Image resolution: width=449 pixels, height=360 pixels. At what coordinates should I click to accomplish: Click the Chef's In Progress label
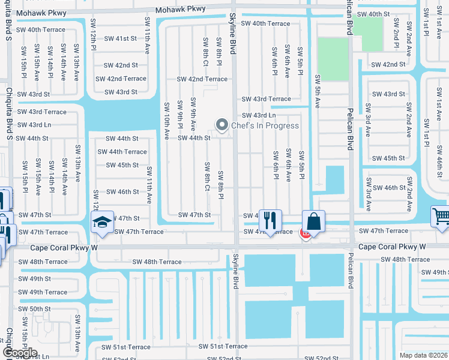click(x=265, y=125)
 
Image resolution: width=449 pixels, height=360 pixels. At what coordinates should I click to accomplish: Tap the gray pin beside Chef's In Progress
click(x=222, y=125)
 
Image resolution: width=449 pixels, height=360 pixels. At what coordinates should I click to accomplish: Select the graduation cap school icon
click(x=103, y=223)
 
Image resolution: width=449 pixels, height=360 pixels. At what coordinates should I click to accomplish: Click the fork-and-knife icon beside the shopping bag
click(x=270, y=220)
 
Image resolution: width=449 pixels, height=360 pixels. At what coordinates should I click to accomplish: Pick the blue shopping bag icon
click(x=313, y=221)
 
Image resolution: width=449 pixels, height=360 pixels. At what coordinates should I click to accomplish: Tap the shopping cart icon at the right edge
click(x=441, y=216)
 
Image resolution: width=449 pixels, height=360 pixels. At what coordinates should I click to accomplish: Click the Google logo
click(x=19, y=353)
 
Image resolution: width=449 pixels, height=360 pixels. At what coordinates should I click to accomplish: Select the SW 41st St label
click(x=121, y=38)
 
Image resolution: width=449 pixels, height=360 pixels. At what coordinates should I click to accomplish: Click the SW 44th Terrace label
click(x=126, y=152)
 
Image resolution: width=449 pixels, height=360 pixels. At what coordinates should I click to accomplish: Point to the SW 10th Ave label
click(x=166, y=121)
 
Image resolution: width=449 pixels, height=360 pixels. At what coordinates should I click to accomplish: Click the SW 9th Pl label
click(x=179, y=114)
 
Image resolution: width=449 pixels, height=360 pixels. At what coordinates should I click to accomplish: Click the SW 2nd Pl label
click(x=396, y=33)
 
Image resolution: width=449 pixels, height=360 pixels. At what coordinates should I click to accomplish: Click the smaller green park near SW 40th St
click(x=367, y=34)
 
